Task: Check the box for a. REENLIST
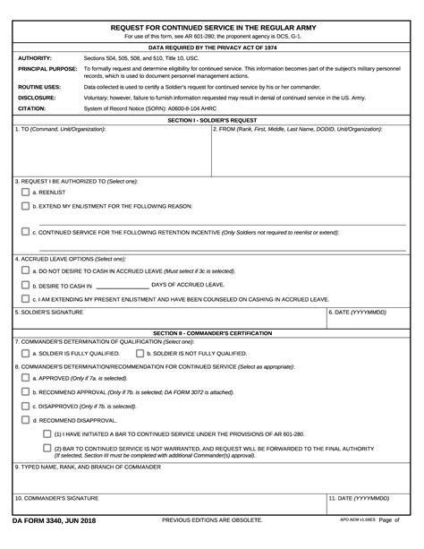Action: [25, 192]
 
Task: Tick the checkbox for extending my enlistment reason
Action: [25, 206]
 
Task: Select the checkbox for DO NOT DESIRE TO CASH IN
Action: [25, 270]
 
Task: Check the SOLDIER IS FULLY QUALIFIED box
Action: [25, 353]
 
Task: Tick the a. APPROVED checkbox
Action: [25, 378]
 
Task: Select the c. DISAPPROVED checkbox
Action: [25, 406]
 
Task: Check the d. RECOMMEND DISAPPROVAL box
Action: [25, 420]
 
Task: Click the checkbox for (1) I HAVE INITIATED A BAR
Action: [47, 434]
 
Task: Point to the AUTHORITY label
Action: [34, 57]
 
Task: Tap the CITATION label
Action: [31, 108]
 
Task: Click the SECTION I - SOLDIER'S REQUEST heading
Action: [211, 119]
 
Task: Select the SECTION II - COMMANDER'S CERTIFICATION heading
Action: [211, 332]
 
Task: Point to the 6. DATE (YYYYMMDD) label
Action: [357, 313]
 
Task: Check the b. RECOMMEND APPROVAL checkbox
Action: [25, 392]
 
